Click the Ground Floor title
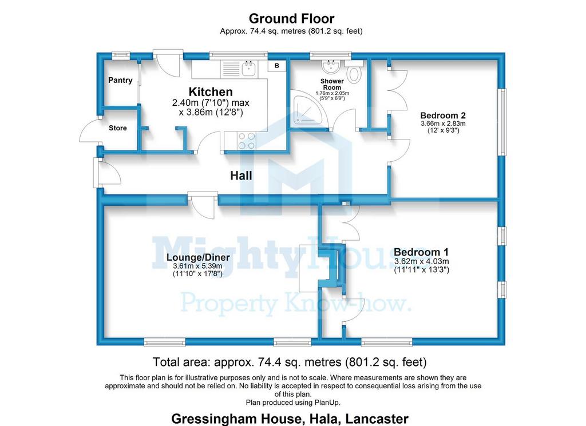click(x=291, y=19)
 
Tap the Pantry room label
click(x=120, y=80)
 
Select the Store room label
click(x=118, y=128)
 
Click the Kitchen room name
click(x=211, y=91)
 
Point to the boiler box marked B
click(x=277, y=66)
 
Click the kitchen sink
click(x=249, y=69)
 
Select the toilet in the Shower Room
click(x=355, y=74)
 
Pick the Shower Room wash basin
click(x=331, y=64)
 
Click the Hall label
click(x=241, y=176)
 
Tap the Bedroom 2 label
click(x=444, y=114)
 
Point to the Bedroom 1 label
click(x=421, y=252)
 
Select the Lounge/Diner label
click(x=198, y=257)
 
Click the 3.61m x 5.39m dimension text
click(x=198, y=266)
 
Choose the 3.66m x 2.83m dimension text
click(x=444, y=123)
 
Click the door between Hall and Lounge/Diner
click(x=203, y=204)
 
